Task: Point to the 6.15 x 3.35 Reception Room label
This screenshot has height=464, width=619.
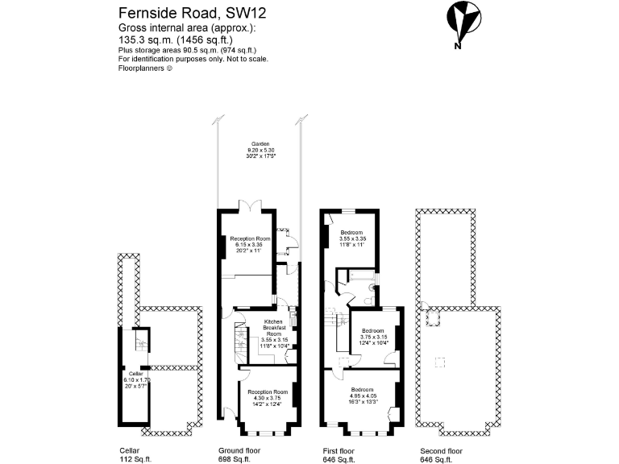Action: [249, 245]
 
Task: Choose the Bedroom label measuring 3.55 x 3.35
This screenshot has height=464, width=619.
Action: [353, 238]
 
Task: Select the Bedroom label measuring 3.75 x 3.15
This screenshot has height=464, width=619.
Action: [374, 337]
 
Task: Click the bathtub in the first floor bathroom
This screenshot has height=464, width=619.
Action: [359, 278]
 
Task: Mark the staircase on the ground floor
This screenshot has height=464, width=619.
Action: [240, 342]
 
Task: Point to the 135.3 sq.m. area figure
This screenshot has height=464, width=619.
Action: [141, 37]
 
